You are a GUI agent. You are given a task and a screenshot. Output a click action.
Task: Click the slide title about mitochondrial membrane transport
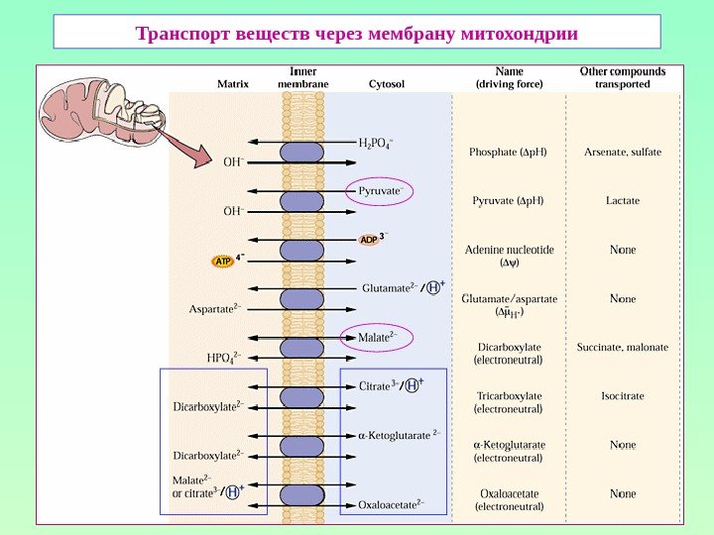pyautogui.click(x=356, y=33)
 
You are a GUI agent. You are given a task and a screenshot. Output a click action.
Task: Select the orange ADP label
pyautogui.click(x=368, y=240)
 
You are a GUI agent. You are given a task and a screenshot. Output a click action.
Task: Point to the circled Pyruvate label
pyautogui.click(x=379, y=190)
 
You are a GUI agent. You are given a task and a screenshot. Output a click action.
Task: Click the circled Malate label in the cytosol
pyautogui.click(x=376, y=337)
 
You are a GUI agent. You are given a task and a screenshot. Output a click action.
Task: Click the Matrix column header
pyautogui.click(x=233, y=85)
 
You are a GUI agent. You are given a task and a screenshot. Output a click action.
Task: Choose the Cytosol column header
pyautogui.click(x=386, y=85)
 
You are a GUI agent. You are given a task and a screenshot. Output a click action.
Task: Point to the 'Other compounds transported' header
pyautogui.click(x=622, y=78)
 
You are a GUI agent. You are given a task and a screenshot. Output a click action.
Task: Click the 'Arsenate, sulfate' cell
pyautogui.click(x=623, y=152)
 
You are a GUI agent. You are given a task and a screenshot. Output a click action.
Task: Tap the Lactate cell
pyautogui.click(x=623, y=200)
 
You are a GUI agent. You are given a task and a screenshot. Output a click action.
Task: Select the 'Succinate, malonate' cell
pyautogui.click(x=623, y=348)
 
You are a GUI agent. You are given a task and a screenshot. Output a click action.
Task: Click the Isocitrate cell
pyautogui.click(x=623, y=396)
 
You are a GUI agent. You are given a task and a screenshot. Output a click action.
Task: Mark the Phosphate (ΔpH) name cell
pyautogui.click(x=508, y=152)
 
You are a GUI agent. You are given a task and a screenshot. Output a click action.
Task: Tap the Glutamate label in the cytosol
pyautogui.click(x=388, y=288)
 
